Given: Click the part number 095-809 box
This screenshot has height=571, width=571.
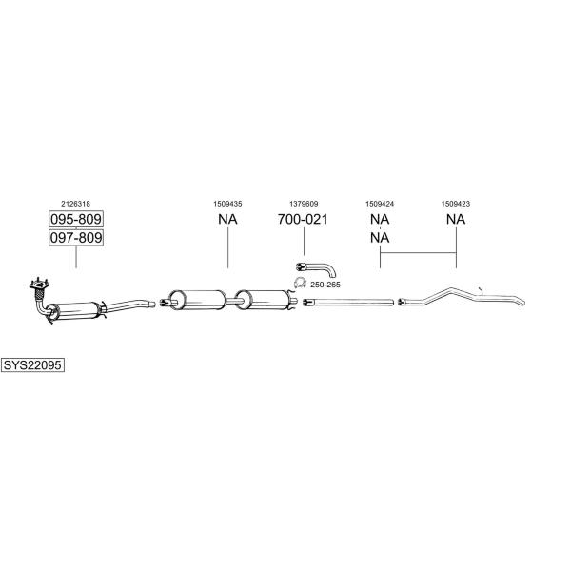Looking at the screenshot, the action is pyautogui.click(x=76, y=219).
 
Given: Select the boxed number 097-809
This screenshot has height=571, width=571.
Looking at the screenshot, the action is pyautogui.click(x=76, y=238).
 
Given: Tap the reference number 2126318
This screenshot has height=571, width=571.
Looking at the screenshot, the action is pyautogui.click(x=75, y=204).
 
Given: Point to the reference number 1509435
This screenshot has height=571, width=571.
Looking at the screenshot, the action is pyautogui.click(x=227, y=204).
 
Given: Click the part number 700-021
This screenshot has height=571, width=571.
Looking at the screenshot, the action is pyautogui.click(x=303, y=219).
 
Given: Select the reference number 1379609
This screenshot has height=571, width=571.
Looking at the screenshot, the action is pyautogui.click(x=304, y=204).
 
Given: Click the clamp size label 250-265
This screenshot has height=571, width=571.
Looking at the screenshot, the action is pyautogui.click(x=325, y=285).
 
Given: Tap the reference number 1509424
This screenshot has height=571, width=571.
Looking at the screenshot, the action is pyautogui.click(x=380, y=204).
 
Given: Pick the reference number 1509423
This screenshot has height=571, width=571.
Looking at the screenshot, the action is pyautogui.click(x=456, y=204).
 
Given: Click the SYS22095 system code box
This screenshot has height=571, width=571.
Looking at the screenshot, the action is pyautogui.click(x=32, y=364).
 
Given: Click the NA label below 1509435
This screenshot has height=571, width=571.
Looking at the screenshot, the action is pyautogui.click(x=227, y=219).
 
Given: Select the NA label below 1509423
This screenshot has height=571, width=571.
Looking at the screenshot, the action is pyautogui.click(x=456, y=219).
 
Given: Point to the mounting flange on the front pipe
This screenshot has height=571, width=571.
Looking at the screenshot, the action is pyautogui.click(x=39, y=284).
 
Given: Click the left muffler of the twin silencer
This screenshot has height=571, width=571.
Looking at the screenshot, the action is pyautogui.click(x=197, y=300).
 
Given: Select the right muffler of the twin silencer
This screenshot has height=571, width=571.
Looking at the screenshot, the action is pyautogui.click(x=264, y=300).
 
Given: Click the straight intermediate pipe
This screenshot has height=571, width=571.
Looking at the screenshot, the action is pyautogui.click(x=348, y=302).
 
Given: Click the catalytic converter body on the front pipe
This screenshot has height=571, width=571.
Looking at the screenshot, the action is pyautogui.click(x=74, y=310).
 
